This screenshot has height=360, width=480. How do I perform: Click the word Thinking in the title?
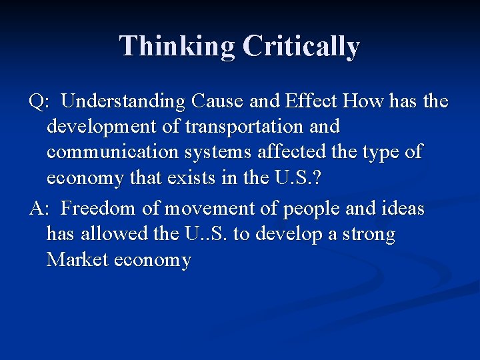(x=177, y=47)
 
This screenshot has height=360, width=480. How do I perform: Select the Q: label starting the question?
(x=39, y=102)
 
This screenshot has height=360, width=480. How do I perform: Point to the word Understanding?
(x=123, y=101)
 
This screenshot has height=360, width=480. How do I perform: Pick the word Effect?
(x=311, y=101)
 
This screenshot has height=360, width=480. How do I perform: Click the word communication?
(x=109, y=151)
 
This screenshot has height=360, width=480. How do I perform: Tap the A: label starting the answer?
(x=39, y=209)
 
